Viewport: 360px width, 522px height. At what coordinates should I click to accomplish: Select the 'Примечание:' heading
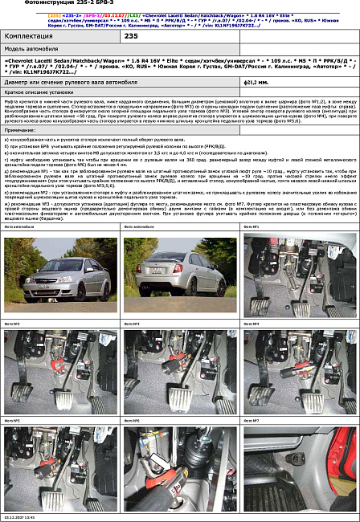click(x=20, y=129)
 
